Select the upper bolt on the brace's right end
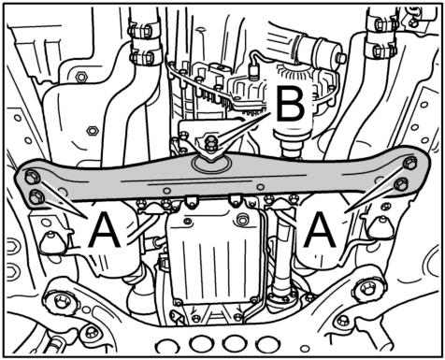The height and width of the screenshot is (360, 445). [409, 164]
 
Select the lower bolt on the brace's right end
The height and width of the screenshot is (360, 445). [401, 185]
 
